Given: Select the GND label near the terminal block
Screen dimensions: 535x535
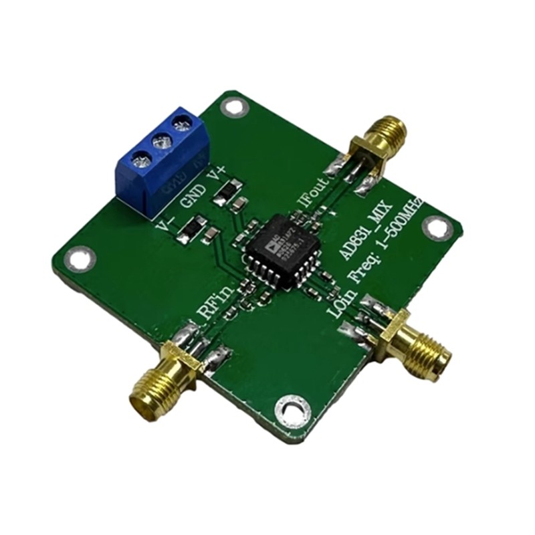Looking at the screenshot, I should click(x=195, y=195).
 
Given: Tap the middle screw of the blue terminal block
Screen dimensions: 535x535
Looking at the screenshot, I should click(x=160, y=141).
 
